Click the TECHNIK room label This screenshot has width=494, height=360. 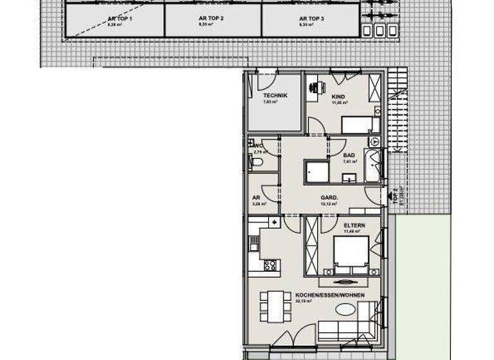tap(275, 96)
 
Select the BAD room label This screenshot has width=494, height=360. tap(349, 156)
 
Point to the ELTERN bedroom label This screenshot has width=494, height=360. tap(354, 226)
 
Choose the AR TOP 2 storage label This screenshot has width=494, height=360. tap(211, 19)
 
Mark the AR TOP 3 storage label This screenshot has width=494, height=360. tap(311, 19)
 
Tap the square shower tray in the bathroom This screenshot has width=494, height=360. tap(316, 172)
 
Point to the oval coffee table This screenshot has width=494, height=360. tap(345, 309)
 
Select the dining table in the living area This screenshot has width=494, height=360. tap(275, 305)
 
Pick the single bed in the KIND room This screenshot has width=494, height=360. tap(356, 124)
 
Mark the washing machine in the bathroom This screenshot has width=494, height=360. tap(374, 141)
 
